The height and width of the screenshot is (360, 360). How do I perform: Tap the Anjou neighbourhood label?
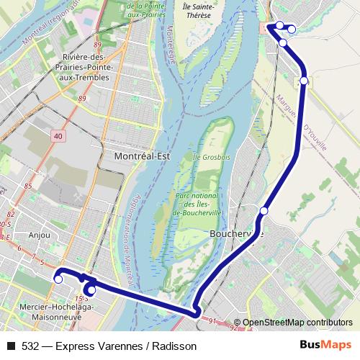pyautogui.click(x=40, y=234)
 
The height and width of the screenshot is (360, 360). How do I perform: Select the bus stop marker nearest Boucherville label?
pyautogui.click(x=264, y=211)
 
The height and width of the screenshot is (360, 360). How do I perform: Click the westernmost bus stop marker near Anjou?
pyautogui.click(x=58, y=279)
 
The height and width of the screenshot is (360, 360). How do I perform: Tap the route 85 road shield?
pyautogui.click(x=29, y=186)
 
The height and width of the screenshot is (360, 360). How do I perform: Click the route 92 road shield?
pyautogui.click(x=233, y=328)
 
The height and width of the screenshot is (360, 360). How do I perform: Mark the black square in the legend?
pyautogui.click(x=10, y=346)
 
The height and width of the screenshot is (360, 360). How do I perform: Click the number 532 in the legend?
pyautogui.click(x=30, y=346)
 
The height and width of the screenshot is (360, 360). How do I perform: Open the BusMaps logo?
pyautogui.click(x=322, y=346)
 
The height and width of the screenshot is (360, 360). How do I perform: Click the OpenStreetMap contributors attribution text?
pyautogui.click(x=297, y=323)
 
